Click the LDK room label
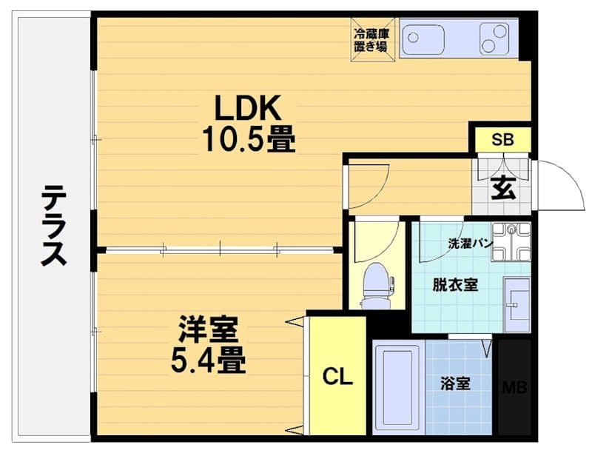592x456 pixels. [x=248, y=107]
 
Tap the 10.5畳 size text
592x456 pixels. [x=249, y=138]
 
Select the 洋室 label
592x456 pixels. [x=209, y=329]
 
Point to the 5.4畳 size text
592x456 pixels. [x=209, y=360]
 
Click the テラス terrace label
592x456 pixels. [x=53, y=226]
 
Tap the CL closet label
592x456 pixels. [x=337, y=376]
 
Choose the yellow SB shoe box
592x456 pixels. [x=503, y=139]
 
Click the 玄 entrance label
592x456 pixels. [x=503, y=188]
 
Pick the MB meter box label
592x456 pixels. [x=514, y=387]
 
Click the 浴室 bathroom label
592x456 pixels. [x=455, y=383]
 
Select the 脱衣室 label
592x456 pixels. [x=455, y=284]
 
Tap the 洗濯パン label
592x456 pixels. [x=471, y=244]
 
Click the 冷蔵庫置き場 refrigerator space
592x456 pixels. [x=373, y=39]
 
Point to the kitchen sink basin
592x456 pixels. [x=423, y=39]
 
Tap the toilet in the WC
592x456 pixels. [x=375, y=286]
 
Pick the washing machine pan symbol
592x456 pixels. [x=511, y=242]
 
